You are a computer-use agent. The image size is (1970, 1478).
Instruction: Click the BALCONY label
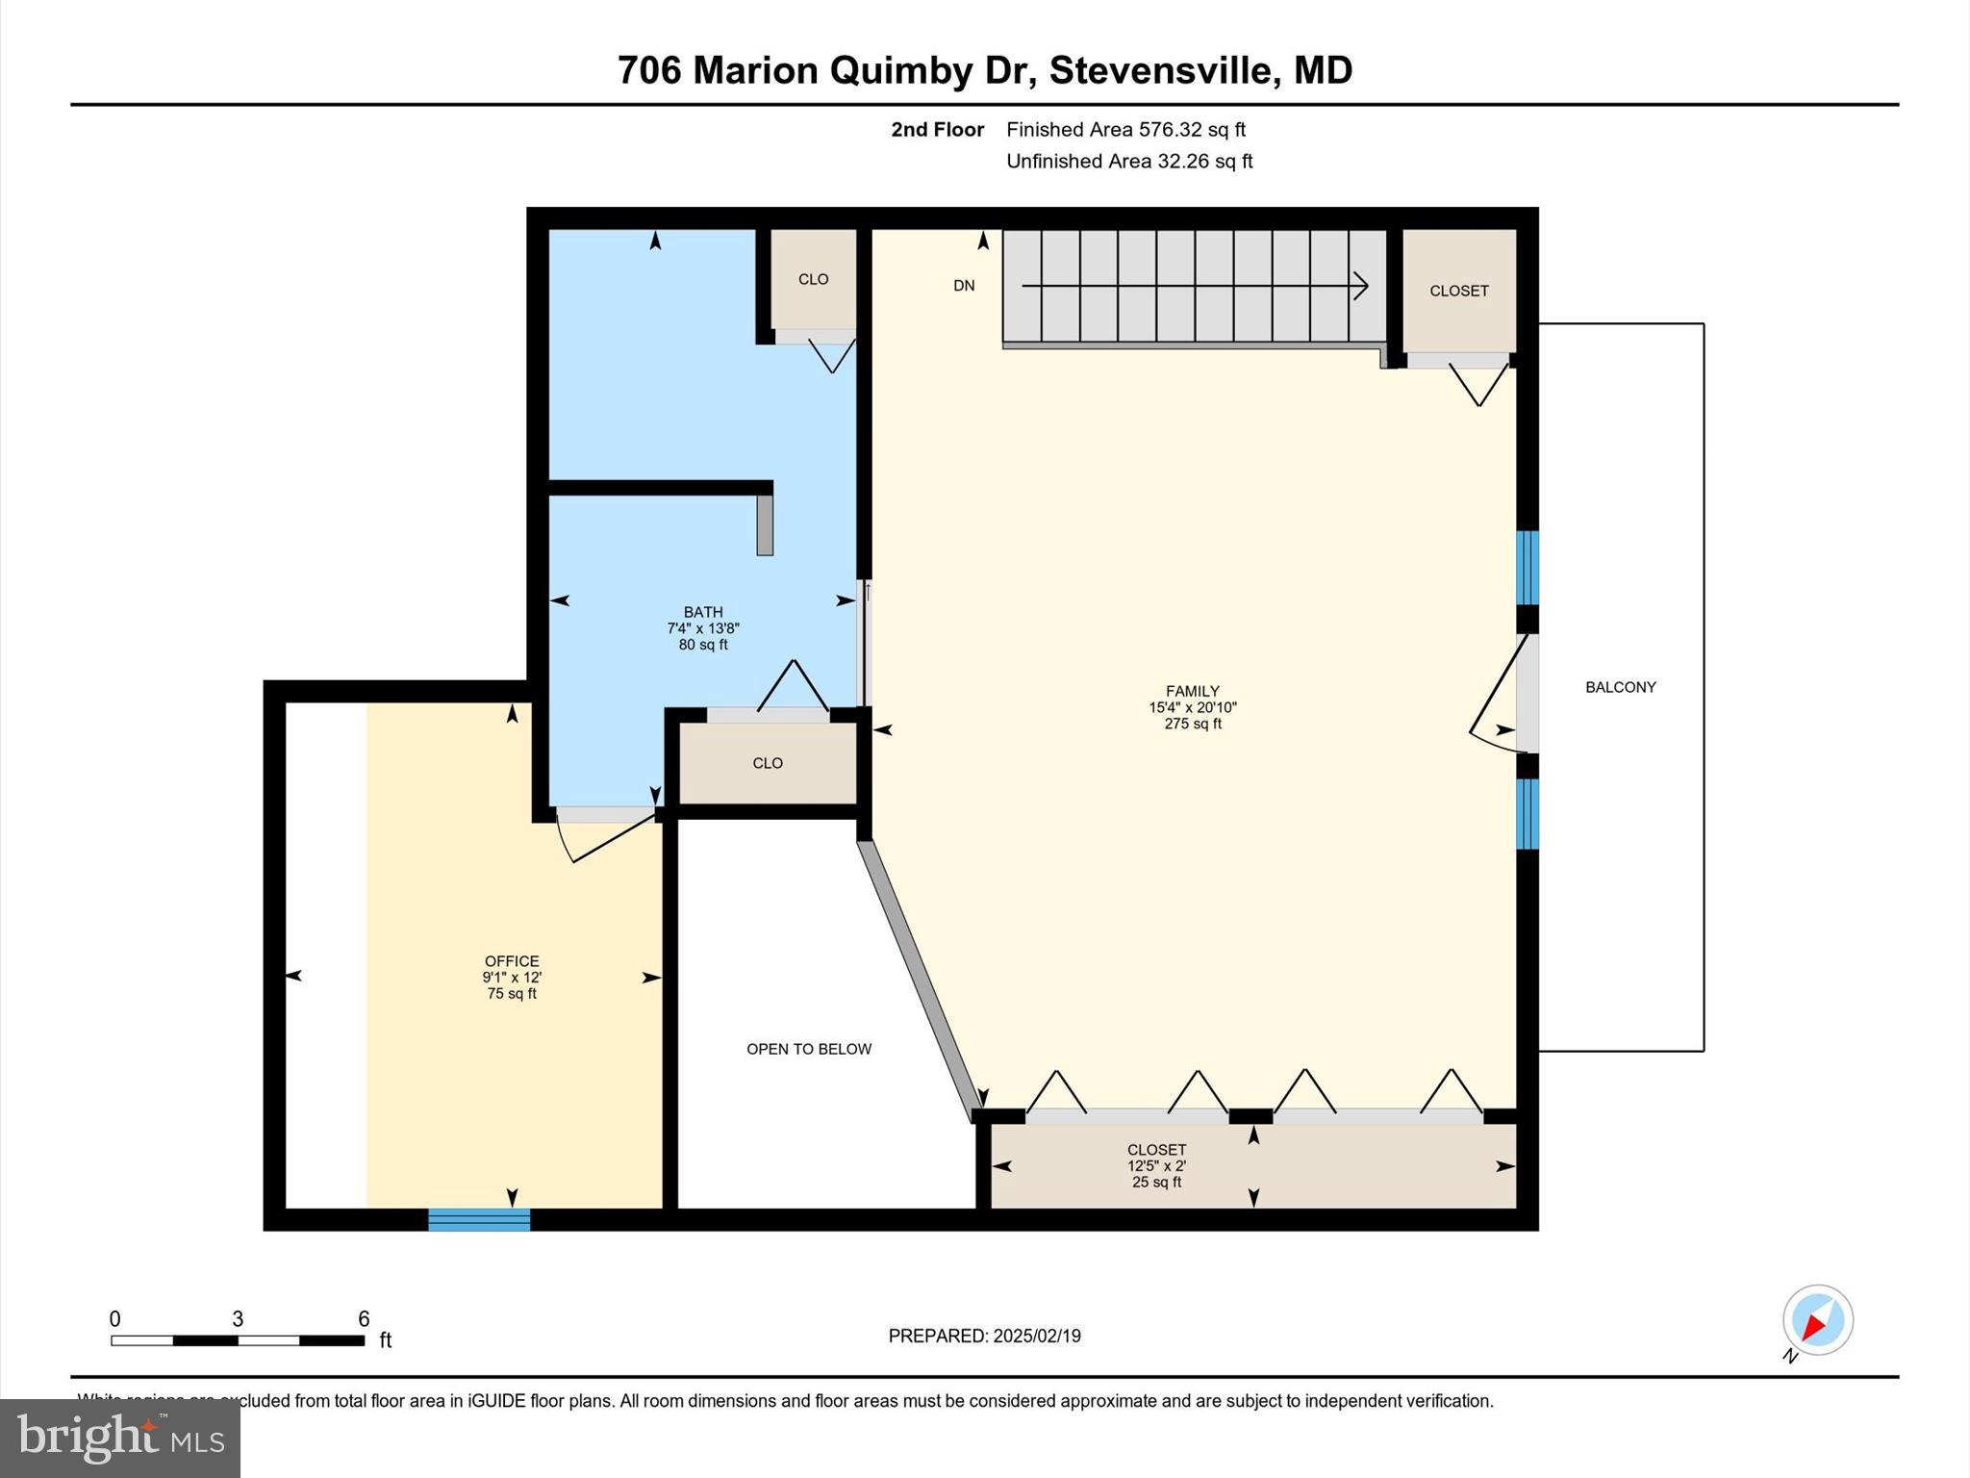coord(1620,687)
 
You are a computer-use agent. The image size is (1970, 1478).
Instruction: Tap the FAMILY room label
coord(1192,691)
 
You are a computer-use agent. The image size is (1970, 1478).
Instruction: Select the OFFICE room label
coord(512,961)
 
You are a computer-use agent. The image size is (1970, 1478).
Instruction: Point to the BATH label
coord(703,612)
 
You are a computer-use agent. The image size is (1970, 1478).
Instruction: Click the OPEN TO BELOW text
coord(809,1049)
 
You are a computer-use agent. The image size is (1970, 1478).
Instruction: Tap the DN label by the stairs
coord(964,286)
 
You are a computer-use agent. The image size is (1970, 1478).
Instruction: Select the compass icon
coord(1817,1320)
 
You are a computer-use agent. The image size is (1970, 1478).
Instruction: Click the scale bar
coord(237,1340)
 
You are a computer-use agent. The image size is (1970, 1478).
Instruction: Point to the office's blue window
coord(479,1220)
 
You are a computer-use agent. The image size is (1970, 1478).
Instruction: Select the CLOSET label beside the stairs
coord(1458,291)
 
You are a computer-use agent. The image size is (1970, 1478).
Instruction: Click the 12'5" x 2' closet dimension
coord(1156,1166)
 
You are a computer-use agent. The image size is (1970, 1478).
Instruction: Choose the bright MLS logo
coord(120,1438)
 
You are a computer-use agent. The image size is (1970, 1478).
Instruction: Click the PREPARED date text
coord(984,1336)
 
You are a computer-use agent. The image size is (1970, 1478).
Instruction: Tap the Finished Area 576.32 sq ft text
coord(1125,130)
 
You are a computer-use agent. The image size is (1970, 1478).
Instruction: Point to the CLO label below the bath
coord(767,763)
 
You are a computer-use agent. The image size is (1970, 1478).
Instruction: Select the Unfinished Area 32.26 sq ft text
coord(1129,162)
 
